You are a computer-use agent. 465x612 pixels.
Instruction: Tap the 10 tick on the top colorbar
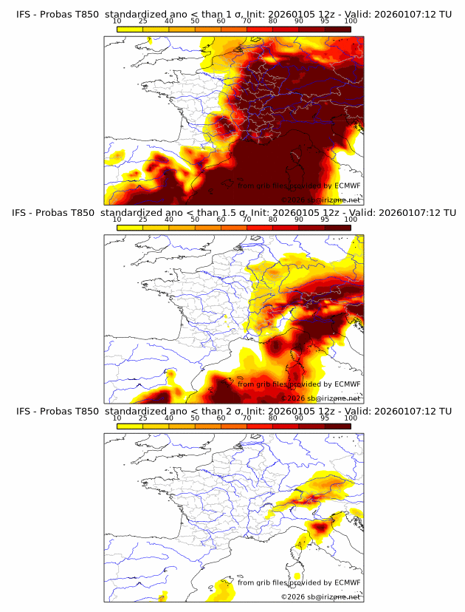coord(117,21)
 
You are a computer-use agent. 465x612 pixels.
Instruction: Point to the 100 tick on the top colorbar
coord(351,21)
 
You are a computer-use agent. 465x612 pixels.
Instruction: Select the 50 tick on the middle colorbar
coord(195,220)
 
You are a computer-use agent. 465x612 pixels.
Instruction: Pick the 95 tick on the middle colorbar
coord(325,220)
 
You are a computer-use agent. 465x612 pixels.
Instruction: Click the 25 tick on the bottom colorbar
coord(142,418)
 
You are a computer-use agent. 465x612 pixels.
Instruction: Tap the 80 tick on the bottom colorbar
coord(273,418)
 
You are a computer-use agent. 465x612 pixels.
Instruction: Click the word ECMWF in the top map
coord(347,186)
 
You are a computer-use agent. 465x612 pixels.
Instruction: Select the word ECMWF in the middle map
coord(347,384)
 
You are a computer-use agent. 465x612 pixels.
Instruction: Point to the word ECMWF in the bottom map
coord(347,583)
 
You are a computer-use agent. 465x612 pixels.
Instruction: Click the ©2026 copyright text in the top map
coord(294,200)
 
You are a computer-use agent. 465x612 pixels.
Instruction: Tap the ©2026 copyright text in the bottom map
coord(294,597)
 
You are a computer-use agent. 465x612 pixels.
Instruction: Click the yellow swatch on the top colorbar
coord(130,29)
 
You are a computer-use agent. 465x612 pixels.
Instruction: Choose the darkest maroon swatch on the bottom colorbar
coord(338,426)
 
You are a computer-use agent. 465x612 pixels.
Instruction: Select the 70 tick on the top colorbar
coord(247,21)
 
